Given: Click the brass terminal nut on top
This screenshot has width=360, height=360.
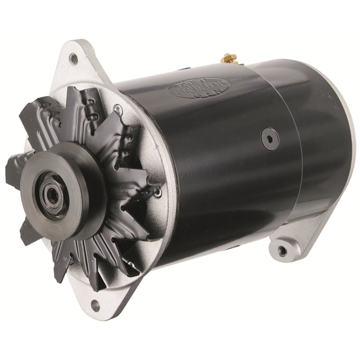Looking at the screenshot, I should [226, 58].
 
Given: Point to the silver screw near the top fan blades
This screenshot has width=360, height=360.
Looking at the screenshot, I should [116, 108].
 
